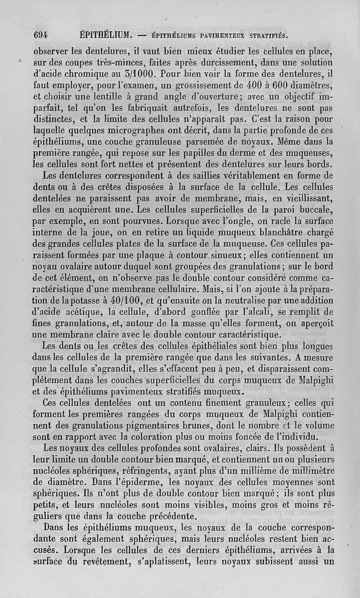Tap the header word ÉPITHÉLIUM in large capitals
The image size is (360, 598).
point(105,35)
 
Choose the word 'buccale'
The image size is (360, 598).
point(315,210)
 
